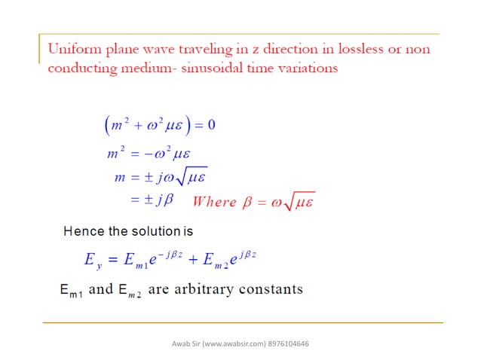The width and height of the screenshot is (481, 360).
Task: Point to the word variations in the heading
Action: (304, 68)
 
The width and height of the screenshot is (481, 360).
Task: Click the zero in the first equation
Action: (211, 124)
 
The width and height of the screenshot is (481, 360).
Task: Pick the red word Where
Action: (216, 202)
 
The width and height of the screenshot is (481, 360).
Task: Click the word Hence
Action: (82, 230)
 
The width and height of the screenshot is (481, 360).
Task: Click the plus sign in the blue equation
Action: (194, 261)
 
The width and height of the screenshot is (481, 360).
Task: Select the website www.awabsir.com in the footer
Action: (231, 344)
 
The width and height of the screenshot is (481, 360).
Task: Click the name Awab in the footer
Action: (180, 344)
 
